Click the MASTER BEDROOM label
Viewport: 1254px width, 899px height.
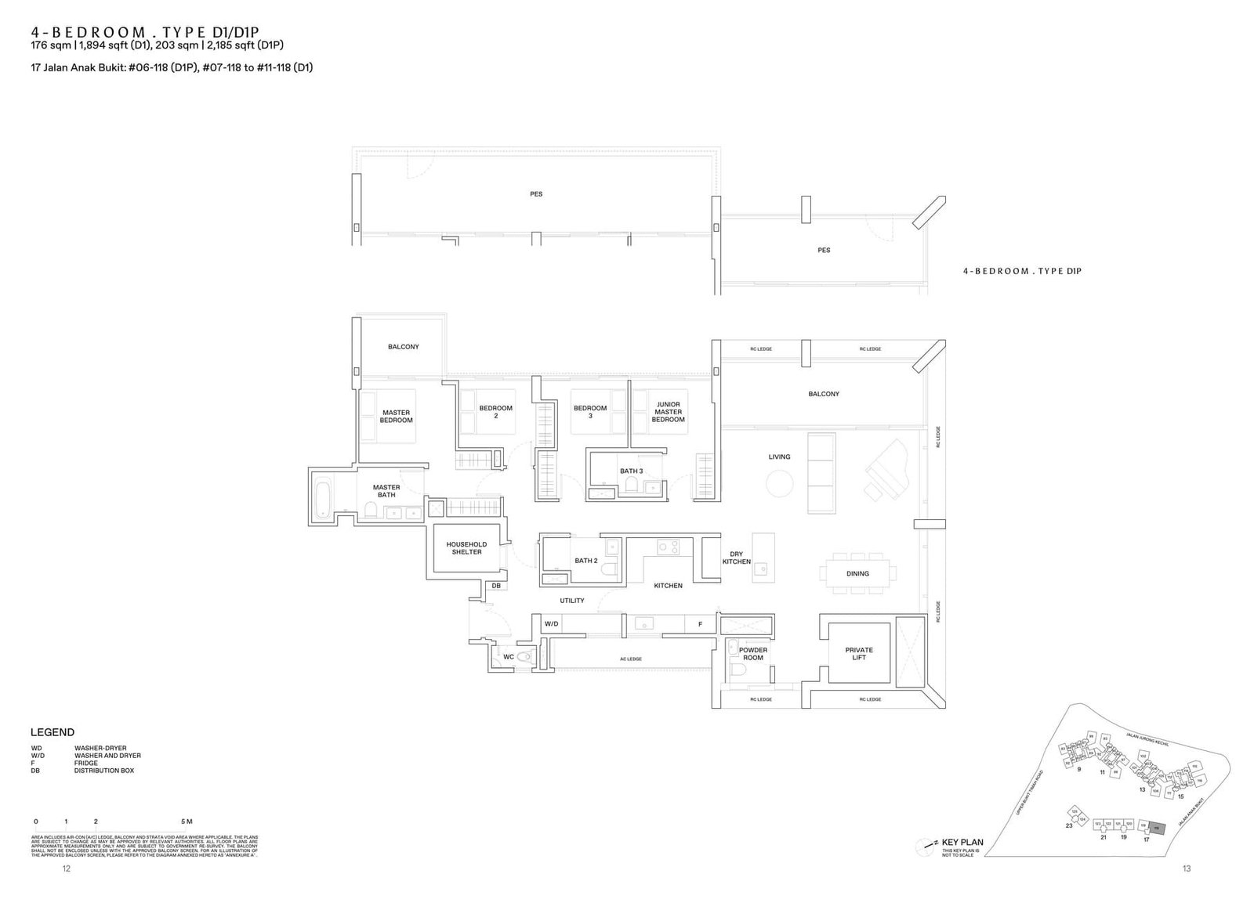pyautogui.click(x=396, y=417)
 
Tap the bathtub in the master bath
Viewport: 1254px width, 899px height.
pyautogui.click(x=322, y=496)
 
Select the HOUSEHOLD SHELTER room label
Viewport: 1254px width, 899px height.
pyautogui.click(x=466, y=548)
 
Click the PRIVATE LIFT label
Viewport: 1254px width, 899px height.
pyautogui.click(x=859, y=653)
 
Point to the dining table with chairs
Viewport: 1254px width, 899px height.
pyautogui.click(x=857, y=573)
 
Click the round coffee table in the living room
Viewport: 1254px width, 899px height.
pyautogui.click(x=780, y=483)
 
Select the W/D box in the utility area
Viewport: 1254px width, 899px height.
pyautogui.click(x=551, y=624)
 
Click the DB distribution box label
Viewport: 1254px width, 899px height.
pyautogui.click(x=495, y=586)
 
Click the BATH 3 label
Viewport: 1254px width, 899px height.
pyautogui.click(x=631, y=471)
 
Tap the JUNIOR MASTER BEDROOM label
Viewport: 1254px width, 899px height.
pyautogui.click(x=668, y=412)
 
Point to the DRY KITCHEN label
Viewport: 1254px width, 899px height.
pyautogui.click(x=736, y=558)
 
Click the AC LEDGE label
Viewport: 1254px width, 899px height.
pyautogui.click(x=630, y=659)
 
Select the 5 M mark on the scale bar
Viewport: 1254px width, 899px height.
pyautogui.click(x=187, y=822)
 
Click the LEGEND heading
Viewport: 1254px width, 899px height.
pyautogui.click(x=53, y=732)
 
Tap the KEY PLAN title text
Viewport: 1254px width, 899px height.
pyautogui.click(x=962, y=843)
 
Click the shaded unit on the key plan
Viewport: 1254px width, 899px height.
pyautogui.click(x=1158, y=827)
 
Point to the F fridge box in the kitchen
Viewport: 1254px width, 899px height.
pyautogui.click(x=700, y=624)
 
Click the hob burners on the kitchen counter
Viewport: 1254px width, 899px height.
pyautogui.click(x=669, y=548)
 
